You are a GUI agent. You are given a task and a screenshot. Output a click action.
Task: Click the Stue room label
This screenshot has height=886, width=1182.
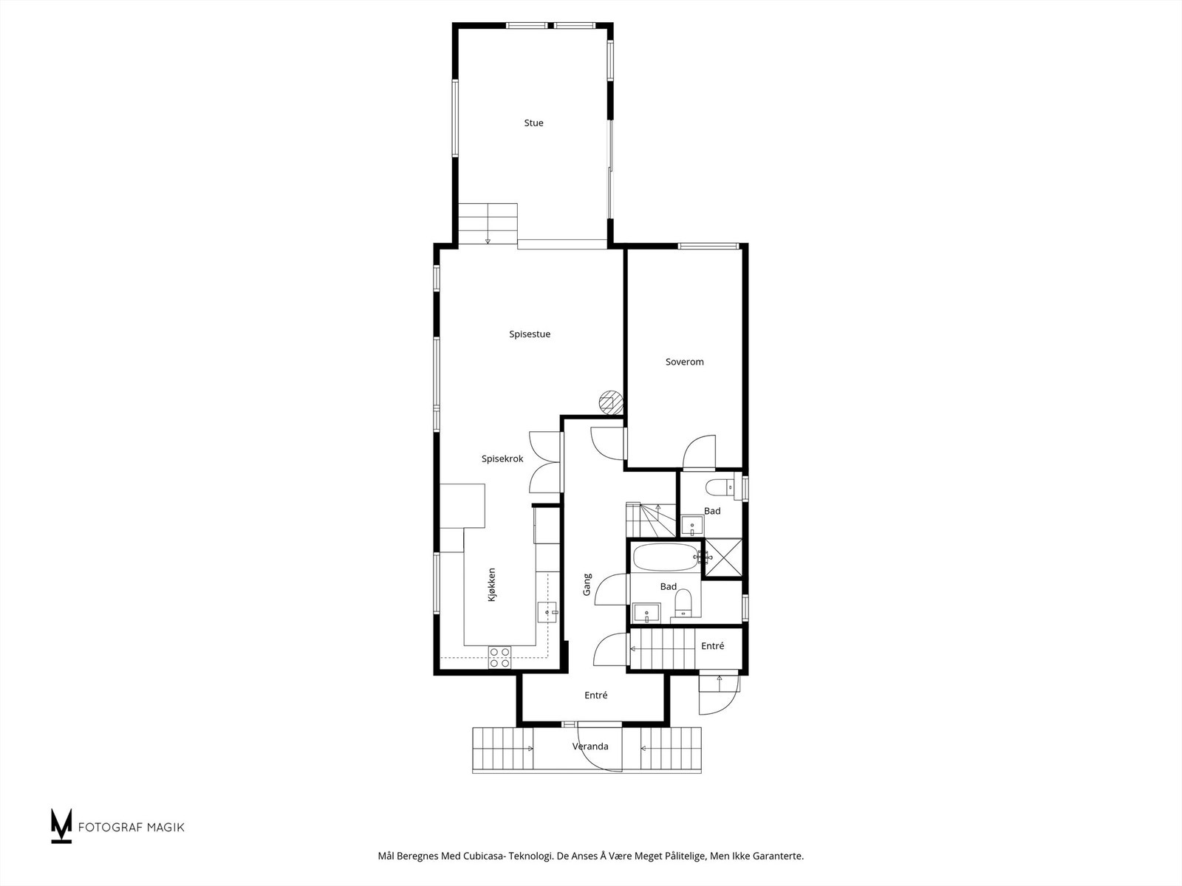533,123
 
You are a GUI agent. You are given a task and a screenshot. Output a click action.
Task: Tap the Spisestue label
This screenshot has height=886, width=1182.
530,334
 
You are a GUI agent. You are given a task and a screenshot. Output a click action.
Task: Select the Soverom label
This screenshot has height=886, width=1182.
684,362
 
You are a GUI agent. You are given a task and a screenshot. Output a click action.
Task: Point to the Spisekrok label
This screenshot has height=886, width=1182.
502,459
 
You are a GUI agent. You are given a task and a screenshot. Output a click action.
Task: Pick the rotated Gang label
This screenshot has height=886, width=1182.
587,585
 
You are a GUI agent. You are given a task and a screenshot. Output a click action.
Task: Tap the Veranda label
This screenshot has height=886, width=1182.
590,746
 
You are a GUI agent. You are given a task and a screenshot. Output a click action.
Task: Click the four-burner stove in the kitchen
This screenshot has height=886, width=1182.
499,657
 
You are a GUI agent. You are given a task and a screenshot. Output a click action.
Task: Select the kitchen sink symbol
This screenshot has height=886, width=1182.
547,612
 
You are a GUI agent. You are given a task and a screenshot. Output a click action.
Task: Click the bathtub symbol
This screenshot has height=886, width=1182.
666,557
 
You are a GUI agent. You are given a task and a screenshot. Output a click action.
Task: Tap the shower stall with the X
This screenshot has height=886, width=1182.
722,557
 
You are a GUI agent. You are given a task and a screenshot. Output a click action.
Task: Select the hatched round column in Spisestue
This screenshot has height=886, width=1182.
609,401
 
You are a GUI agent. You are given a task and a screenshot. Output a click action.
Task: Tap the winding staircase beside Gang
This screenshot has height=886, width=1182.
649,519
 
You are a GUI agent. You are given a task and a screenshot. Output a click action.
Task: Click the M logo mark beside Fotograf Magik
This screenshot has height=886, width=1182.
61,825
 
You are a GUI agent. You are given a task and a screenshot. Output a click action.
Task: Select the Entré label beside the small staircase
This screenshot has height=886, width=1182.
712,646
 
